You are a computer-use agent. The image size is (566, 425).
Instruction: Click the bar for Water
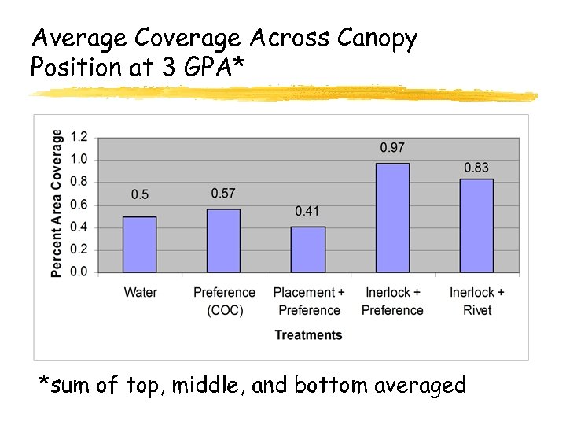(140, 245)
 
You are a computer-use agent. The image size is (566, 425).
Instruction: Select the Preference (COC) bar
(224, 241)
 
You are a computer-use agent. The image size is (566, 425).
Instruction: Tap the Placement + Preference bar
(308, 249)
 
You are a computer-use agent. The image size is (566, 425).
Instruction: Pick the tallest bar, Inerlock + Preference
(392, 218)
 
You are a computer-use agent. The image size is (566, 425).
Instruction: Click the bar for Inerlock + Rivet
(476, 226)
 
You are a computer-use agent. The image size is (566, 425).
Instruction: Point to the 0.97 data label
(392, 147)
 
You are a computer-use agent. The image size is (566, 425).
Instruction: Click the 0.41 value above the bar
(308, 211)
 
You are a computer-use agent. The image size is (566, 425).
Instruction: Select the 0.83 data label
(476, 168)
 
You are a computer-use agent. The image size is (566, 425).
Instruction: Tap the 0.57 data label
(223, 194)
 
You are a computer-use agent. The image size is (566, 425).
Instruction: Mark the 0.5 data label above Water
(140, 194)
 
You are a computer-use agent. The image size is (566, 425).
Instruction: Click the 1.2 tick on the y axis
(79, 137)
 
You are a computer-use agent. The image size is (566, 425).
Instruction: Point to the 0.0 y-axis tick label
(79, 272)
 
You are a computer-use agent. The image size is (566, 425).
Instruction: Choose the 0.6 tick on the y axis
(79, 205)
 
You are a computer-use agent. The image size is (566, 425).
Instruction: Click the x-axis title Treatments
(308, 335)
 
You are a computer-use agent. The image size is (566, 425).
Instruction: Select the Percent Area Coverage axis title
(57, 203)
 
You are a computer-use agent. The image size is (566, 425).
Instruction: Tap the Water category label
(140, 293)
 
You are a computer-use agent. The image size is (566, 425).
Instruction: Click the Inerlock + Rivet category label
(476, 301)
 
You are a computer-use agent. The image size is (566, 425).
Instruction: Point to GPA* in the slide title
(209, 68)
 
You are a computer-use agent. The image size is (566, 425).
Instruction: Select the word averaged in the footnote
(421, 386)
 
